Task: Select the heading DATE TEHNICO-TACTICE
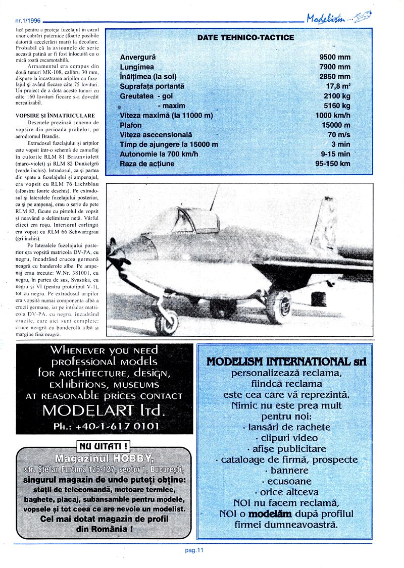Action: pyautogui.click(x=245, y=38)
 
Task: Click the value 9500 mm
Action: pyautogui.click(x=335, y=57)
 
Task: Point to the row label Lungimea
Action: pyautogui.click(x=137, y=67)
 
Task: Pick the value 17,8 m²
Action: pyautogui.click(x=338, y=86)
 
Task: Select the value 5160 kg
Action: pyautogui.click(x=337, y=106)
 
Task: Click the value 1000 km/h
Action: pyautogui.click(x=332, y=116)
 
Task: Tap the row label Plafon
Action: pyautogui.click(x=131, y=125)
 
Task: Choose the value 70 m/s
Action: pyautogui.click(x=339, y=135)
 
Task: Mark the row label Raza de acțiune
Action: pyautogui.click(x=147, y=164)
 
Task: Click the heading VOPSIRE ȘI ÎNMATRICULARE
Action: pyautogui.click(x=55, y=116)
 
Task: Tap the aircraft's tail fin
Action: pyautogui.click(x=326, y=227)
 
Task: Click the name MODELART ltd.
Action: pyautogui.click(x=104, y=409)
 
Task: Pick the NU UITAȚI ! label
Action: pyautogui.click(x=103, y=446)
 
